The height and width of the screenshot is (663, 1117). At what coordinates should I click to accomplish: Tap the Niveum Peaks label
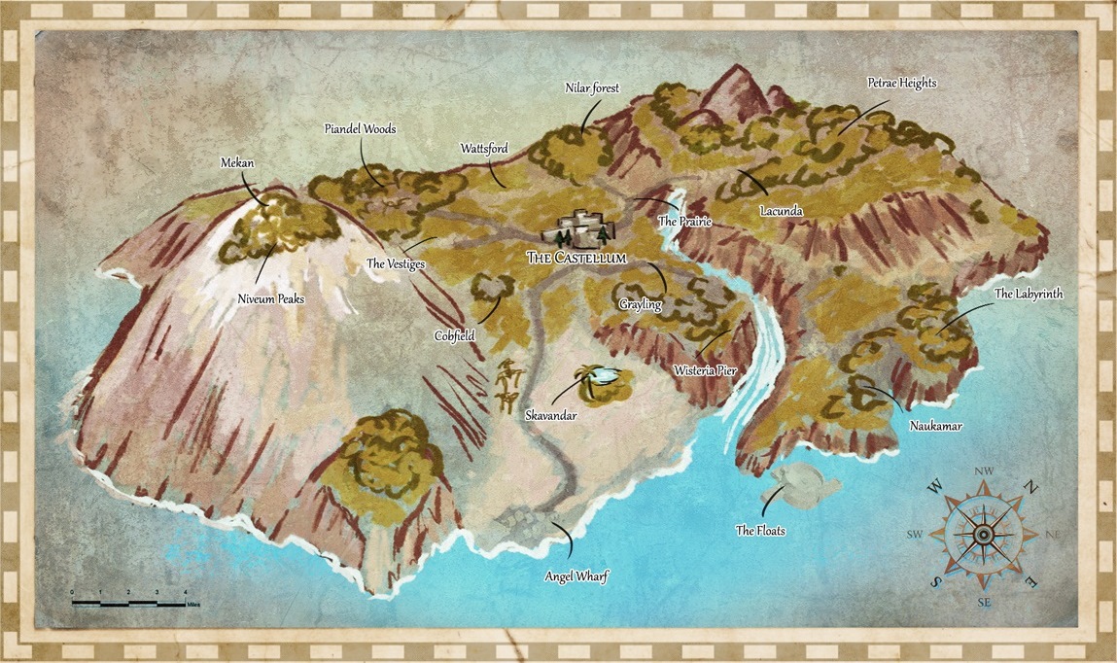271,299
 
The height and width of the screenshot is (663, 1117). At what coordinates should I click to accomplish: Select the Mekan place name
237,163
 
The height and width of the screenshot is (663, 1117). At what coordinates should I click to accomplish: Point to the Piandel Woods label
360,128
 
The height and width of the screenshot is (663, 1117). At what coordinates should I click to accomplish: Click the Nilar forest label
592,87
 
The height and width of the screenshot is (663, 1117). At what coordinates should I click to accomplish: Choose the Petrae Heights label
901,84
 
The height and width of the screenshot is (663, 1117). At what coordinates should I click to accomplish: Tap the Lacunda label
781,210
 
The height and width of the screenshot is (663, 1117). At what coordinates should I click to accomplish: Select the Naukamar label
935,426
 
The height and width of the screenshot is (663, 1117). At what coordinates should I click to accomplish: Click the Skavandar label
550,415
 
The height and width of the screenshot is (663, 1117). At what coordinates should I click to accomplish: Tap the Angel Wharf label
576,576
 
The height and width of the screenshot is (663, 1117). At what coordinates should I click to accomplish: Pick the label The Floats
760,531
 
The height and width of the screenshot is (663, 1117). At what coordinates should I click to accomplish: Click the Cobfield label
454,335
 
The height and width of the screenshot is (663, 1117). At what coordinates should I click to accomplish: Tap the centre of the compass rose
983,535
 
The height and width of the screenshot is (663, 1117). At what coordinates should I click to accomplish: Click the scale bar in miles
128,603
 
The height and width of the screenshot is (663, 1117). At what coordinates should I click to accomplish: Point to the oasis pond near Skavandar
604,375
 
